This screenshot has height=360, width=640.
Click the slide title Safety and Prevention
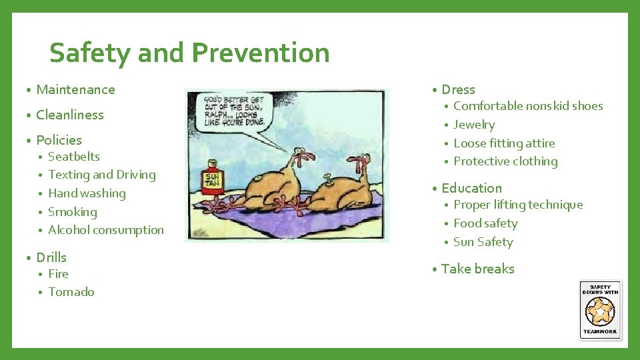point(189,53)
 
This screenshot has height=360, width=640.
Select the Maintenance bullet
point(75,89)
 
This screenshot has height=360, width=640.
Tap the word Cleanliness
point(70,115)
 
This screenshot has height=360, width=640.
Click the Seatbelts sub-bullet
point(74,157)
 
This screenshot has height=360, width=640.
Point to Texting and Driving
point(102,175)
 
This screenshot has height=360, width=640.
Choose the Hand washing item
point(87,193)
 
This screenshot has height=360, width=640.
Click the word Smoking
point(73,212)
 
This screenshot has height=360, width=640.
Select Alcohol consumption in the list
point(106,230)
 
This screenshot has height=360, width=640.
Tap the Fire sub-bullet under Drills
point(59,274)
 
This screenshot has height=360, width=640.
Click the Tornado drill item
point(71,292)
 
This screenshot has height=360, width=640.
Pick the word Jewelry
point(474,125)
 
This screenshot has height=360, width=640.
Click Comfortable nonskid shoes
point(528,106)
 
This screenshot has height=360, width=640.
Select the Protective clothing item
point(505,161)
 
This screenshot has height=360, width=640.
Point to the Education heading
point(471,188)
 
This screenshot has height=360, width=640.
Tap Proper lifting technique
point(518,205)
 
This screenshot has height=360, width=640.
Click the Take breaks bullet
point(477,269)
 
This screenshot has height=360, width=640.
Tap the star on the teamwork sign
point(600,311)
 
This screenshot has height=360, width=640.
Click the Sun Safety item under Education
point(483,242)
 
